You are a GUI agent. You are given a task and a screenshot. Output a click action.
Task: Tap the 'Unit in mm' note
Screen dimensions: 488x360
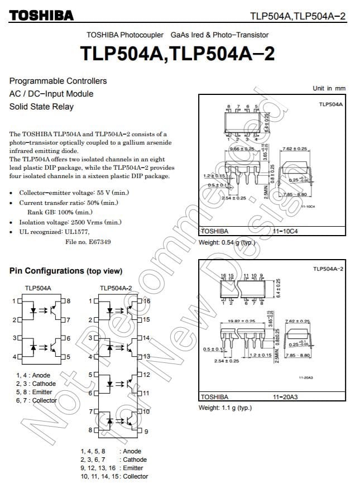[x=329, y=88]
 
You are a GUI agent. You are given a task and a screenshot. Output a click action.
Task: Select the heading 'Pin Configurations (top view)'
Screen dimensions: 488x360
[x=65, y=271]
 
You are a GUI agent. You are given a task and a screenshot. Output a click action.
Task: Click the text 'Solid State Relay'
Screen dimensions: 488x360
[x=41, y=107]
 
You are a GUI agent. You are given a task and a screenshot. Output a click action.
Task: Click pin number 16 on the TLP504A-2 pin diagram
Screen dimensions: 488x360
[x=146, y=301]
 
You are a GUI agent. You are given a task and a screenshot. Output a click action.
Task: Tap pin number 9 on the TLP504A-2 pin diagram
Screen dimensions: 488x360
[x=146, y=431]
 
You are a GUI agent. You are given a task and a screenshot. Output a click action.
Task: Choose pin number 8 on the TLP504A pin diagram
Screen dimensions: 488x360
[x=68, y=301]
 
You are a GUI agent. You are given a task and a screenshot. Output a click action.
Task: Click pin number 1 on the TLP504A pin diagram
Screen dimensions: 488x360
[x=13, y=301]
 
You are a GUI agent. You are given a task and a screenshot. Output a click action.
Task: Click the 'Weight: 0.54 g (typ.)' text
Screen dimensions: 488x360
[x=227, y=243]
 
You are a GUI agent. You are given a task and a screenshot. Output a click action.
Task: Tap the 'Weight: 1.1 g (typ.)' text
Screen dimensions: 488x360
[x=225, y=408]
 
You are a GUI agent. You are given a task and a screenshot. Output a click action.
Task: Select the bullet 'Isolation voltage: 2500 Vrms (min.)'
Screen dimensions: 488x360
[x=70, y=222]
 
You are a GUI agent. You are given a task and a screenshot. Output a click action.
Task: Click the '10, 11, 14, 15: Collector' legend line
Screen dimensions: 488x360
[x=114, y=476]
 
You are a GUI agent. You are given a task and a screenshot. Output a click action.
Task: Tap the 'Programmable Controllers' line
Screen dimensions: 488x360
[x=58, y=81]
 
